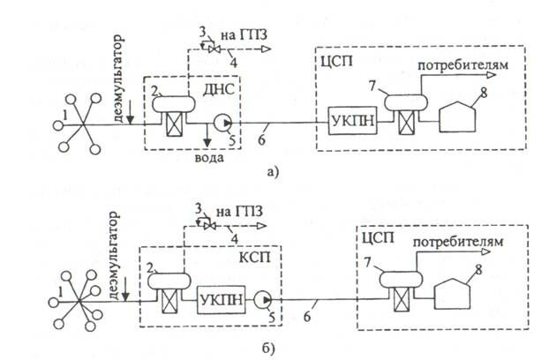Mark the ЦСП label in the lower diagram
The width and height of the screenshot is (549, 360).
(x=374, y=239)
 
